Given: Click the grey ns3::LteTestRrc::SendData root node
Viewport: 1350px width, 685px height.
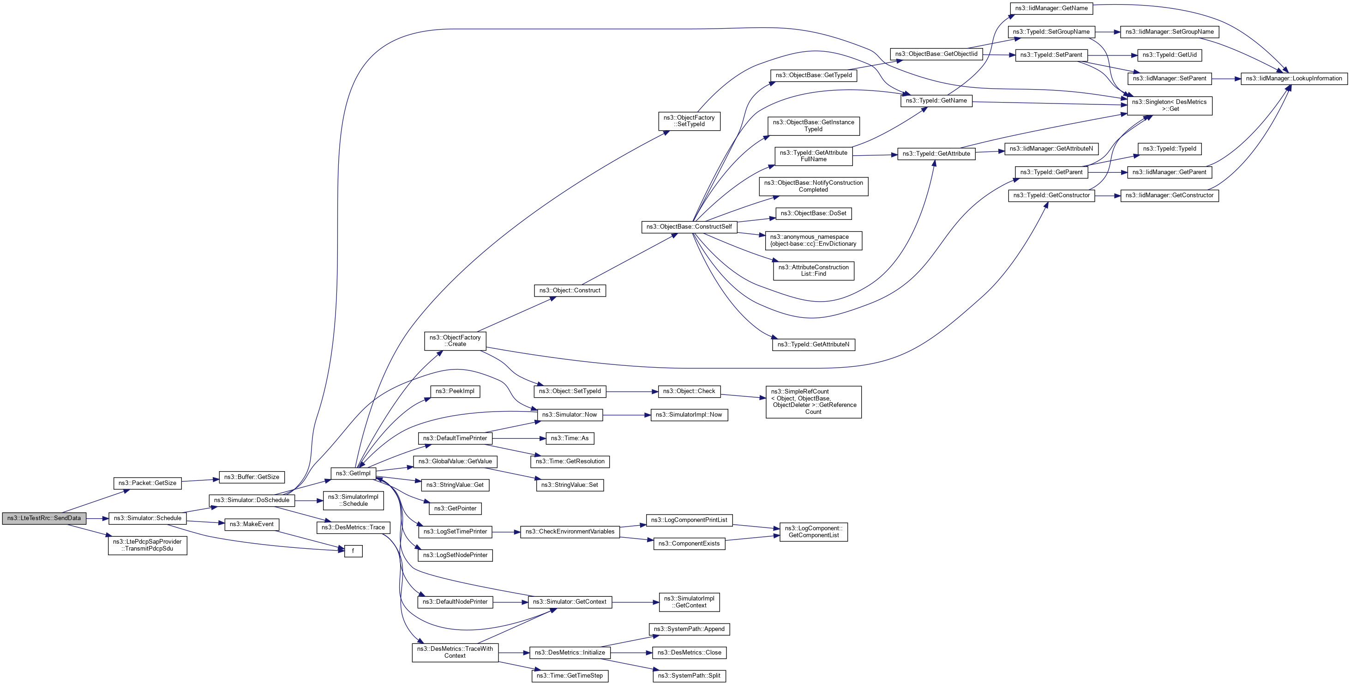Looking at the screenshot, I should click(44, 518).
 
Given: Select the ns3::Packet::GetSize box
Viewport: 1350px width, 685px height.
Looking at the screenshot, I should click(147, 483).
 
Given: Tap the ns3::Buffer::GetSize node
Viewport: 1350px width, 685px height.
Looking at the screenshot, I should click(252, 477).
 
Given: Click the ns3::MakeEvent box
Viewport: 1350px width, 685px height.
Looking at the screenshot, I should click(252, 525).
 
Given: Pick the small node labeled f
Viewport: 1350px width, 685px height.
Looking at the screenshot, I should click(353, 551).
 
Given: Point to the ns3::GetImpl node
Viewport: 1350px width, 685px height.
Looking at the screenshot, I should click(353, 473).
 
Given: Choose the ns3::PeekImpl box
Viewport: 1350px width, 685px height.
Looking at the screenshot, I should click(455, 392).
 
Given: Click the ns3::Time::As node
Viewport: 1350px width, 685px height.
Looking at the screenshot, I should click(570, 438).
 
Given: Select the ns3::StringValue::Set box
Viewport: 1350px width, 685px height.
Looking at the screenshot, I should click(570, 485).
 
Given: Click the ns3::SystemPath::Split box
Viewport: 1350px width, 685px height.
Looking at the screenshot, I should click(689, 676).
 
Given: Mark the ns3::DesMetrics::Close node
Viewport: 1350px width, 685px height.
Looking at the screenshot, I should click(689, 653).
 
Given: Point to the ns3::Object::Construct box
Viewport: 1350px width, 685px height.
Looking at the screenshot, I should click(570, 291).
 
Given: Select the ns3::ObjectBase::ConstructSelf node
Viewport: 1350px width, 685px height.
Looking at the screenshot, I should click(689, 227).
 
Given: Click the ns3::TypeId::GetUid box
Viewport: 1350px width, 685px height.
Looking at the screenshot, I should click(1170, 55).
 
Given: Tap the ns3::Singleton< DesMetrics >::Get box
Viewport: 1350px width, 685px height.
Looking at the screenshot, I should click(1169, 105).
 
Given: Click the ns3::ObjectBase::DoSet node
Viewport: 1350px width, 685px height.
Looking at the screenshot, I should click(813, 213).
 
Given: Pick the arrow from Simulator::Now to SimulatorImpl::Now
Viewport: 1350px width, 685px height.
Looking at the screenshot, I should click(626, 415).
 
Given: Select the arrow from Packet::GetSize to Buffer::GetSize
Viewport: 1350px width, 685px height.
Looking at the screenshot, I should click(200, 480).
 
